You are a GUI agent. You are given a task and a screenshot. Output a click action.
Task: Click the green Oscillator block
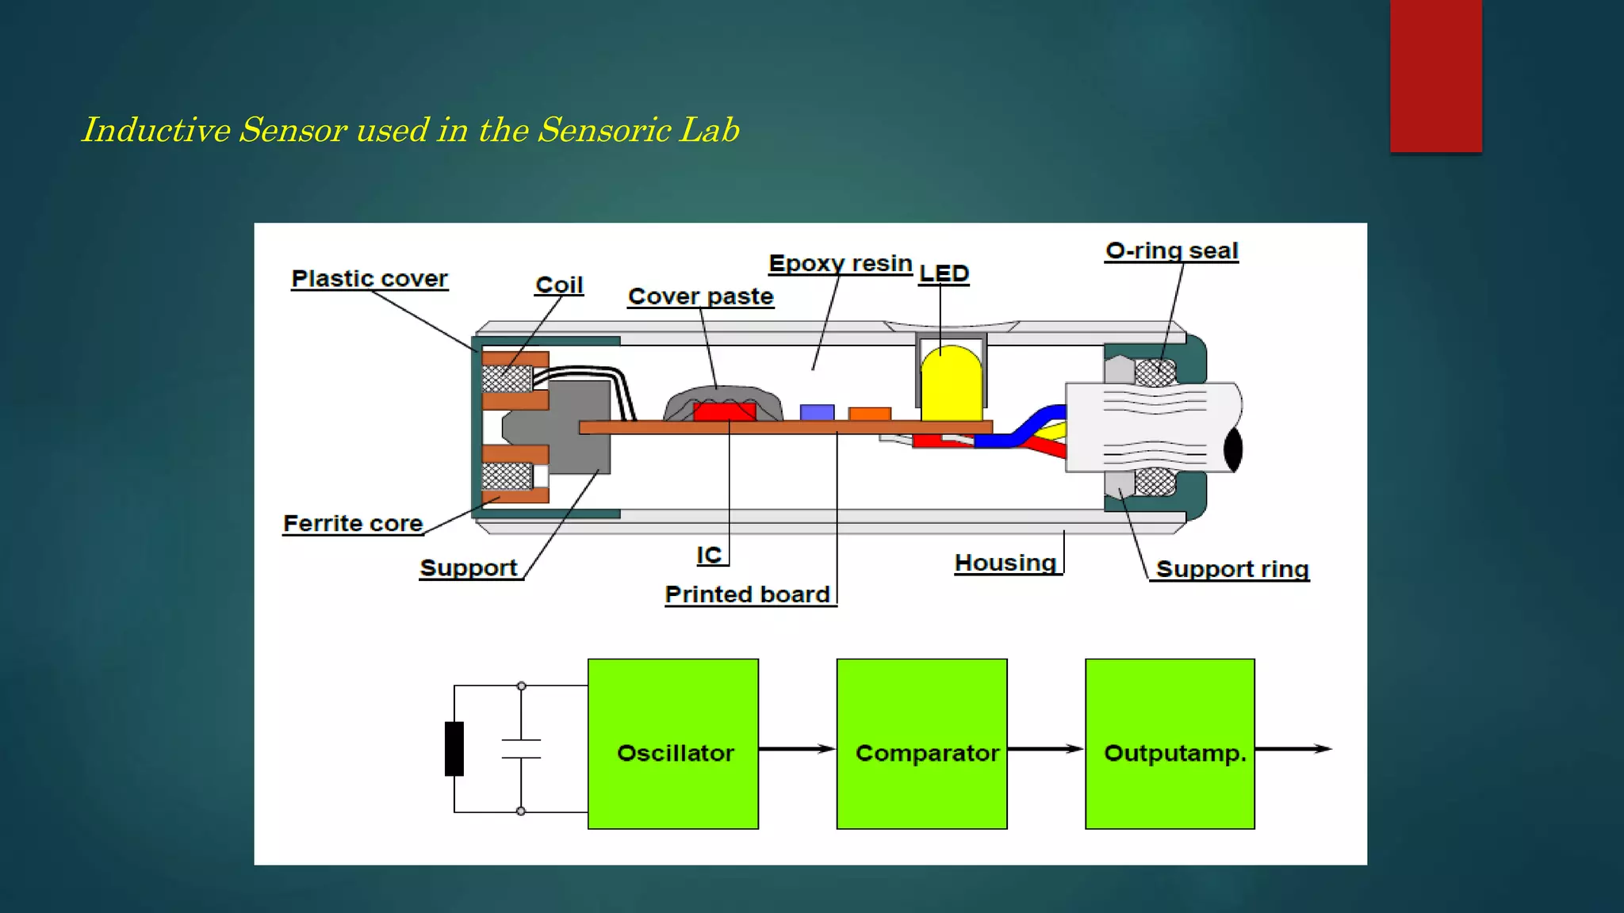pyautogui.click(x=672, y=743)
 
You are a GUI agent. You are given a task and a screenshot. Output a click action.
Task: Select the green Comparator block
pyautogui.click(x=921, y=743)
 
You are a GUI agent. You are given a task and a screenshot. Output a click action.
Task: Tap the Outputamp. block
pyautogui.click(x=1170, y=743)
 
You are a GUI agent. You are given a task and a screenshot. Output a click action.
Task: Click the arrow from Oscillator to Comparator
pyautogui.click(x=797, y=749)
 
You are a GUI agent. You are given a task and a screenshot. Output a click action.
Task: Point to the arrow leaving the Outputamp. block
pyautogui.click(x=1293, y=749)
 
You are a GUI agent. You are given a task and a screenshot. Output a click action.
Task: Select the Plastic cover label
pyautogui.click(x=370, y=279)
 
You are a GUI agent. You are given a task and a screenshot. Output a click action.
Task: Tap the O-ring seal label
pyautogui.click(x=1171, y=251)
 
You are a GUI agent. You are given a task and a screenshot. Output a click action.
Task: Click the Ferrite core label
pyautogui.click(x=353, y=524)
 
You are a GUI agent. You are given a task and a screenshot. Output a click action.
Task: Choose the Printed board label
pyautogui.click(x=747, y=594)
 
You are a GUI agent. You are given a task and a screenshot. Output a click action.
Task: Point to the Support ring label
pyautogui.click(x=1231, y=569)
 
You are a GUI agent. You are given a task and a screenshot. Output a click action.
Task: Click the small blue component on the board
pyautogui.click(x=817, y=412)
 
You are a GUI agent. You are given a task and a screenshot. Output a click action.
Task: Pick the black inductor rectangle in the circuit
pyautogui.click(x=454, y=748)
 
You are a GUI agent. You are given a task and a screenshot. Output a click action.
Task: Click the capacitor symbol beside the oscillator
pyautogui.click(x=521, y=749)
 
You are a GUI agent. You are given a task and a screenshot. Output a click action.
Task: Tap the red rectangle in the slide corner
pyautogui.click(x=1435, y=75)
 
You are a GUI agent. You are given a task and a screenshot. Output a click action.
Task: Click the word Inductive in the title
pyautogui.click(x=155, y=130)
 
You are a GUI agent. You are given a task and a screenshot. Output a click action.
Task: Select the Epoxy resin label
pyautogui.click(x=841, y=263)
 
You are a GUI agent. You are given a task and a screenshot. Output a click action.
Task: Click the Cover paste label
pyautogui.click(x=700, y=296)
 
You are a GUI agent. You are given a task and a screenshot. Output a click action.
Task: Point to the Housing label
pyautogui.click(x=1005, y=563)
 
